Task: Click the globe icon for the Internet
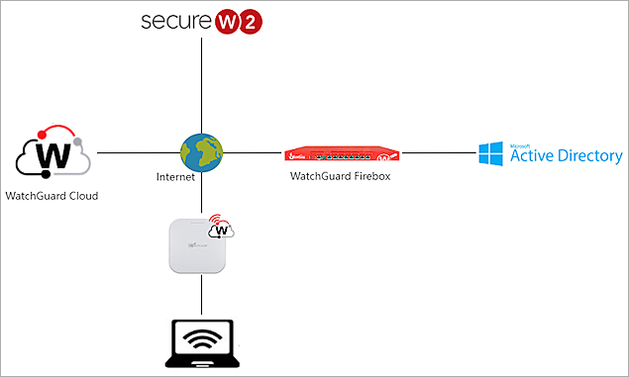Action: [201, 153]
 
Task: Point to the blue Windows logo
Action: [490, 154]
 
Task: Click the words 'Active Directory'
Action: [566, 157]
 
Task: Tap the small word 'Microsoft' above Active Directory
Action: [522, 144]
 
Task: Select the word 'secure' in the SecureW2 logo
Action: [174, 22]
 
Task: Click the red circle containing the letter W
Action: [227, 22]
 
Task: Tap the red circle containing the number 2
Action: [253, 23]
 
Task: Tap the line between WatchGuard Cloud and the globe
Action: [139, 153]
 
